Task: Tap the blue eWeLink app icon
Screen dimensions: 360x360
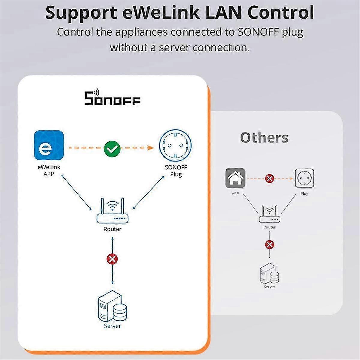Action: pyautogui.click(x=49, y=145)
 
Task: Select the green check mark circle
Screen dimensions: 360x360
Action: pyautogui.click(x=112, y=148)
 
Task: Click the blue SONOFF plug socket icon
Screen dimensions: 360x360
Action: pyautogui.click(x=175, y=146)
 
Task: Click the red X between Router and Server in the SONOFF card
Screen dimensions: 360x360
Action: pyautogui.click(x=112, y=259)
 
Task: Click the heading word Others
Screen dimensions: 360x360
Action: pyautogui.click(x=264, y=138)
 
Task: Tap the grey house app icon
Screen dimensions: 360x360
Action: pyautogui.click(x=235, y=178)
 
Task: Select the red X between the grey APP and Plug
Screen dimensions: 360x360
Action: pyautogui.click(x=270, y=178)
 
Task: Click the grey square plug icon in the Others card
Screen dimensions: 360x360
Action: pyautogui.click(x=304, y=178)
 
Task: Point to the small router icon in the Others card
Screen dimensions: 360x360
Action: pyautogui.click(x=269, y=214)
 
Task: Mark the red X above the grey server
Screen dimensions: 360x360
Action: pyautogui.click(x=270, y=244)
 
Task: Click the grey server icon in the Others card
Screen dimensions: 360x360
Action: pyautogui.click(x=269, y=273)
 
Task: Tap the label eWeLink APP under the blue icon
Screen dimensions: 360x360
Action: pyautogui.click(x=49, y=170)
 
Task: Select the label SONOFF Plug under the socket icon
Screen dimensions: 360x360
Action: pyautogui.click(x=176, y=171)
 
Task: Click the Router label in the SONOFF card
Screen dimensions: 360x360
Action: pyautogui.click(x=112, y=229)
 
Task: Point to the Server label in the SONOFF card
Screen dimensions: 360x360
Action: pyautogui.click(x=112, y=326)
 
